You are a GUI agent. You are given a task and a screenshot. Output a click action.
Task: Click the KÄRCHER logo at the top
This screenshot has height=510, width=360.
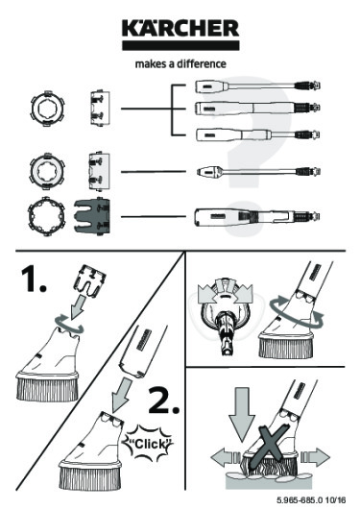pos(180,32)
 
